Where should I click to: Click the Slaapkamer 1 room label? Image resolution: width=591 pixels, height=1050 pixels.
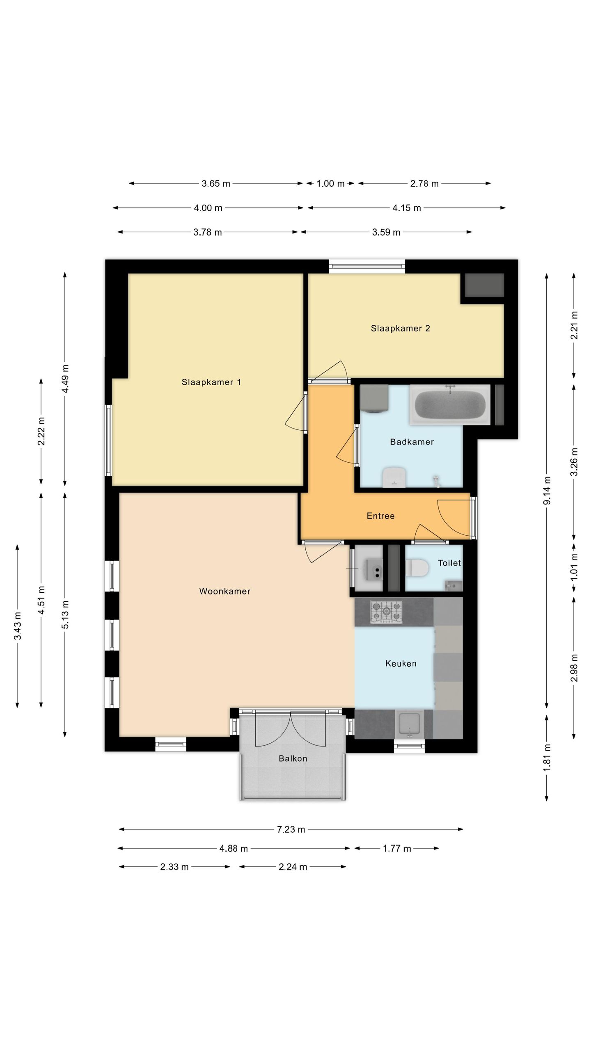click(x=211, y=382)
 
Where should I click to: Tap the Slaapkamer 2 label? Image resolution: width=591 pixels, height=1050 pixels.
click(x=400, y=328)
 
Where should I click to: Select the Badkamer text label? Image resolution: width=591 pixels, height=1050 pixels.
click(x=412, y=442)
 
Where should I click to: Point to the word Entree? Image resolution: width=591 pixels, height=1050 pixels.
click(x=380, y=516)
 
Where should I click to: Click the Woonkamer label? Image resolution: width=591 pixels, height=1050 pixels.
click(x=224, y=591)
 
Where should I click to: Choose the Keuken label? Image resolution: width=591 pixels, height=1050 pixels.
click(x=401, y=663)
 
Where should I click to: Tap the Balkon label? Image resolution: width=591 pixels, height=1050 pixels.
click(x=293, y=758)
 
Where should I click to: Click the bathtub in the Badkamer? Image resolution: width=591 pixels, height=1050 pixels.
click(x=450, y=404)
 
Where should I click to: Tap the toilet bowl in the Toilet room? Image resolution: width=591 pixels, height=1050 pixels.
click(x=417, y=568)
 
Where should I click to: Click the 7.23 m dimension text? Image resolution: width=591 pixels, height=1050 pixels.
click(x=291, y=829)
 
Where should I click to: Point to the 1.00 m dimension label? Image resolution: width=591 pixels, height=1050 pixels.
click(x=330, y=183)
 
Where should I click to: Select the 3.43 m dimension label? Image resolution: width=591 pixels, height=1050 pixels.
click(x=17, y=625)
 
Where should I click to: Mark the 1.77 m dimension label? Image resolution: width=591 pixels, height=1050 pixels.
click(x=397, y=848)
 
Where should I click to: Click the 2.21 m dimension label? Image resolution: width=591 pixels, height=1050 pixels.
click(x=574, y=325)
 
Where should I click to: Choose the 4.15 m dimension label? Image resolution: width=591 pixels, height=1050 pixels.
click(x=407, y=208)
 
